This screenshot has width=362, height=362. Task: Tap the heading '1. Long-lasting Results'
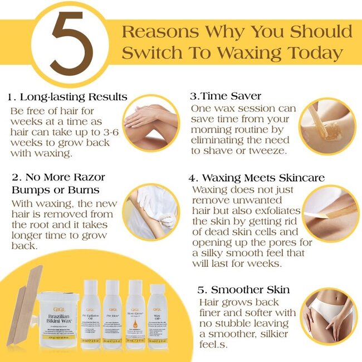coord(67,97)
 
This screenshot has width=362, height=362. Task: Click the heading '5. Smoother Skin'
coord(243,290)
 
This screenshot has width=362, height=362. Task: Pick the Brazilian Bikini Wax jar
coord(57,324)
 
